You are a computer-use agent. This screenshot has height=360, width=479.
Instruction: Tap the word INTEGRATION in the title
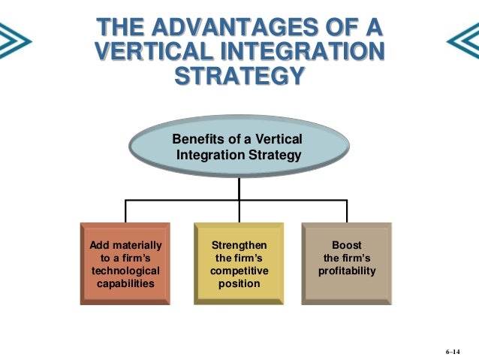point(303,53)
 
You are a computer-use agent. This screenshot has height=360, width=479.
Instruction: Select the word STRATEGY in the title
point(239,77)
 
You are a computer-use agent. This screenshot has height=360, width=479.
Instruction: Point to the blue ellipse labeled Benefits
point(239,147)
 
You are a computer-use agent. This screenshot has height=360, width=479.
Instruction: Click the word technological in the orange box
point(125,271)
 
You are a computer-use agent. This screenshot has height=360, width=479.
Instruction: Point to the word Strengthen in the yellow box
point(239,245)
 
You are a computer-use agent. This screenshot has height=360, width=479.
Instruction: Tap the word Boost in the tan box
point(346,245)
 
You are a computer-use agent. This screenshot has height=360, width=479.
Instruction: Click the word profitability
point(346,271)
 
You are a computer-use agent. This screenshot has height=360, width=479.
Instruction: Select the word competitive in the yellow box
point(239,271)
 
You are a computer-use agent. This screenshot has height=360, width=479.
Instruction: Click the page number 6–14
point(452,351)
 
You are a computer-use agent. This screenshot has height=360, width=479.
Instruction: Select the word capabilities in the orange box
point(125,283)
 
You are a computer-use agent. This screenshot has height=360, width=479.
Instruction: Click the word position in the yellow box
point(239,283)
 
